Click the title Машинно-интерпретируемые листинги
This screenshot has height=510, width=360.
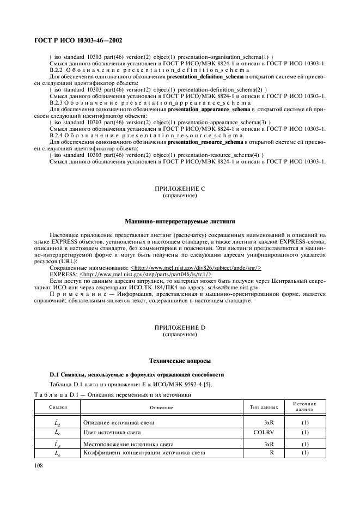180,221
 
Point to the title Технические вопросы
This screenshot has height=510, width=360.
180,360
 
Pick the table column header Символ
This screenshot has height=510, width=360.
58,407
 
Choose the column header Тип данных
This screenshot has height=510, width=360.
264,407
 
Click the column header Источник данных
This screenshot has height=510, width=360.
306,407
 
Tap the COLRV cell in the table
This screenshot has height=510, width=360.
263,432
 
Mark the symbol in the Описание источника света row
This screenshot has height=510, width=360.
58,422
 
